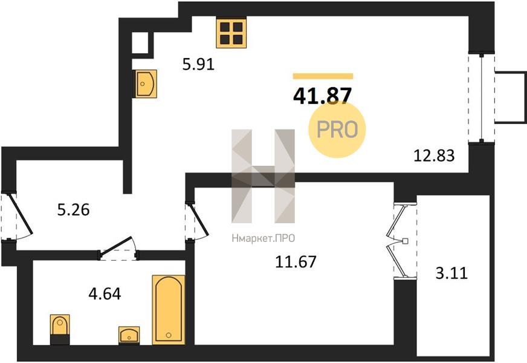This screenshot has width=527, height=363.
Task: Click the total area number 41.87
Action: pos(322,95)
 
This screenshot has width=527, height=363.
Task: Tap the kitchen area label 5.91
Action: pos(198,64)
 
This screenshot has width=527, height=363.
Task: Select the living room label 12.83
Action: pos(433,155)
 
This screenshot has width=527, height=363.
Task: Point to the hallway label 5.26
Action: pos(74,210)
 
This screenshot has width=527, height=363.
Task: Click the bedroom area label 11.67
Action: pos(296,262)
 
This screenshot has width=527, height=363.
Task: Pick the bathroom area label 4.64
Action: pos(105,293)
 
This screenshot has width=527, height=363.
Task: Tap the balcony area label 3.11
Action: pos(451,273)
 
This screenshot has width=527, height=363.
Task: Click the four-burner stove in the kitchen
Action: pos(231,33)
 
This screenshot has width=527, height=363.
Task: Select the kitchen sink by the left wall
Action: pos(146,83)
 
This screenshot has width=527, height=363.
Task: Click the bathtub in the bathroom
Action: pos(169,310)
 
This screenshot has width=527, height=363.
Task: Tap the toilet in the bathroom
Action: pos(60,329)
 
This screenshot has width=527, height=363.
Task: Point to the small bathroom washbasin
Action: pos(129,335)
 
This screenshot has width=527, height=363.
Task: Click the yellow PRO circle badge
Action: pos(337,129)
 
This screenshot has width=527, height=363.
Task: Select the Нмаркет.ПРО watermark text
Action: pos(263,238)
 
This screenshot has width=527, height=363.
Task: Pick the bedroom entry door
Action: pos(198,220)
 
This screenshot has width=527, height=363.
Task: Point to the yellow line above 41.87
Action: pos(323,76)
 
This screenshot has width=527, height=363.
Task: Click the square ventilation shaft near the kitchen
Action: pos(140,43)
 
